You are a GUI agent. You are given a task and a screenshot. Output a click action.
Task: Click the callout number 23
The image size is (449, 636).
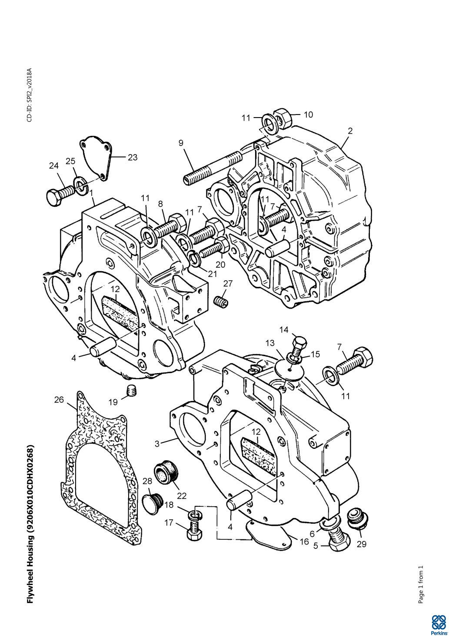(x=133, y=157)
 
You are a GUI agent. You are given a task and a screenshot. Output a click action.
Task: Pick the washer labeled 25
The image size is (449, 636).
(x=80, y=185)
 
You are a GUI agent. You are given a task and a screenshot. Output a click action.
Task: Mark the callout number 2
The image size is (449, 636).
(x=350, y=131)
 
